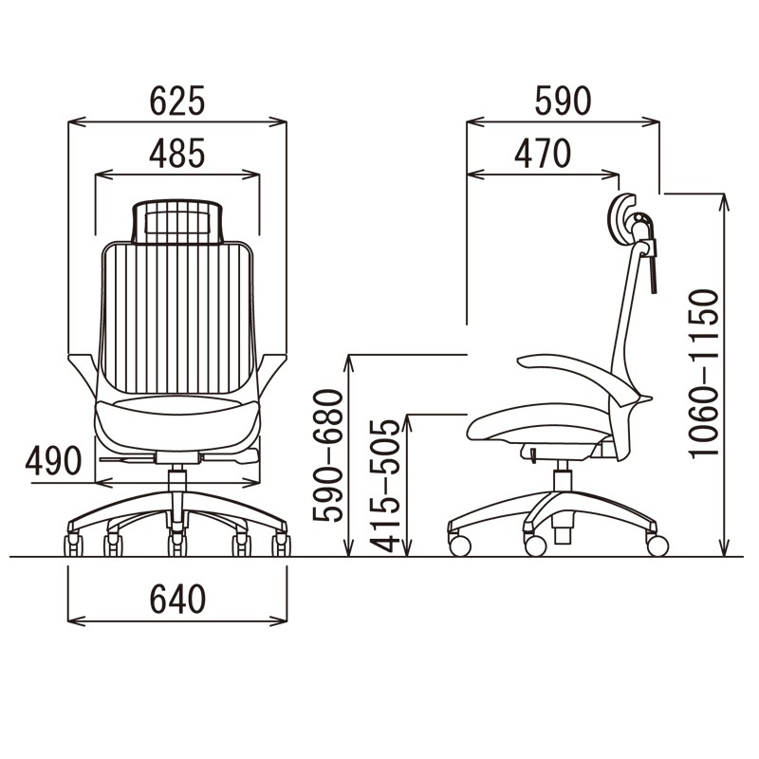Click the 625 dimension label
[177, 101]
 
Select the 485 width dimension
[176, 154]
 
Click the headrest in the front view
[176, 219]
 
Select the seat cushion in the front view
[176, 422]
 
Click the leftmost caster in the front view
[73, 546]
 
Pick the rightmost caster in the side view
[657, 545]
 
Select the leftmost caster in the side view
[460, 545]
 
